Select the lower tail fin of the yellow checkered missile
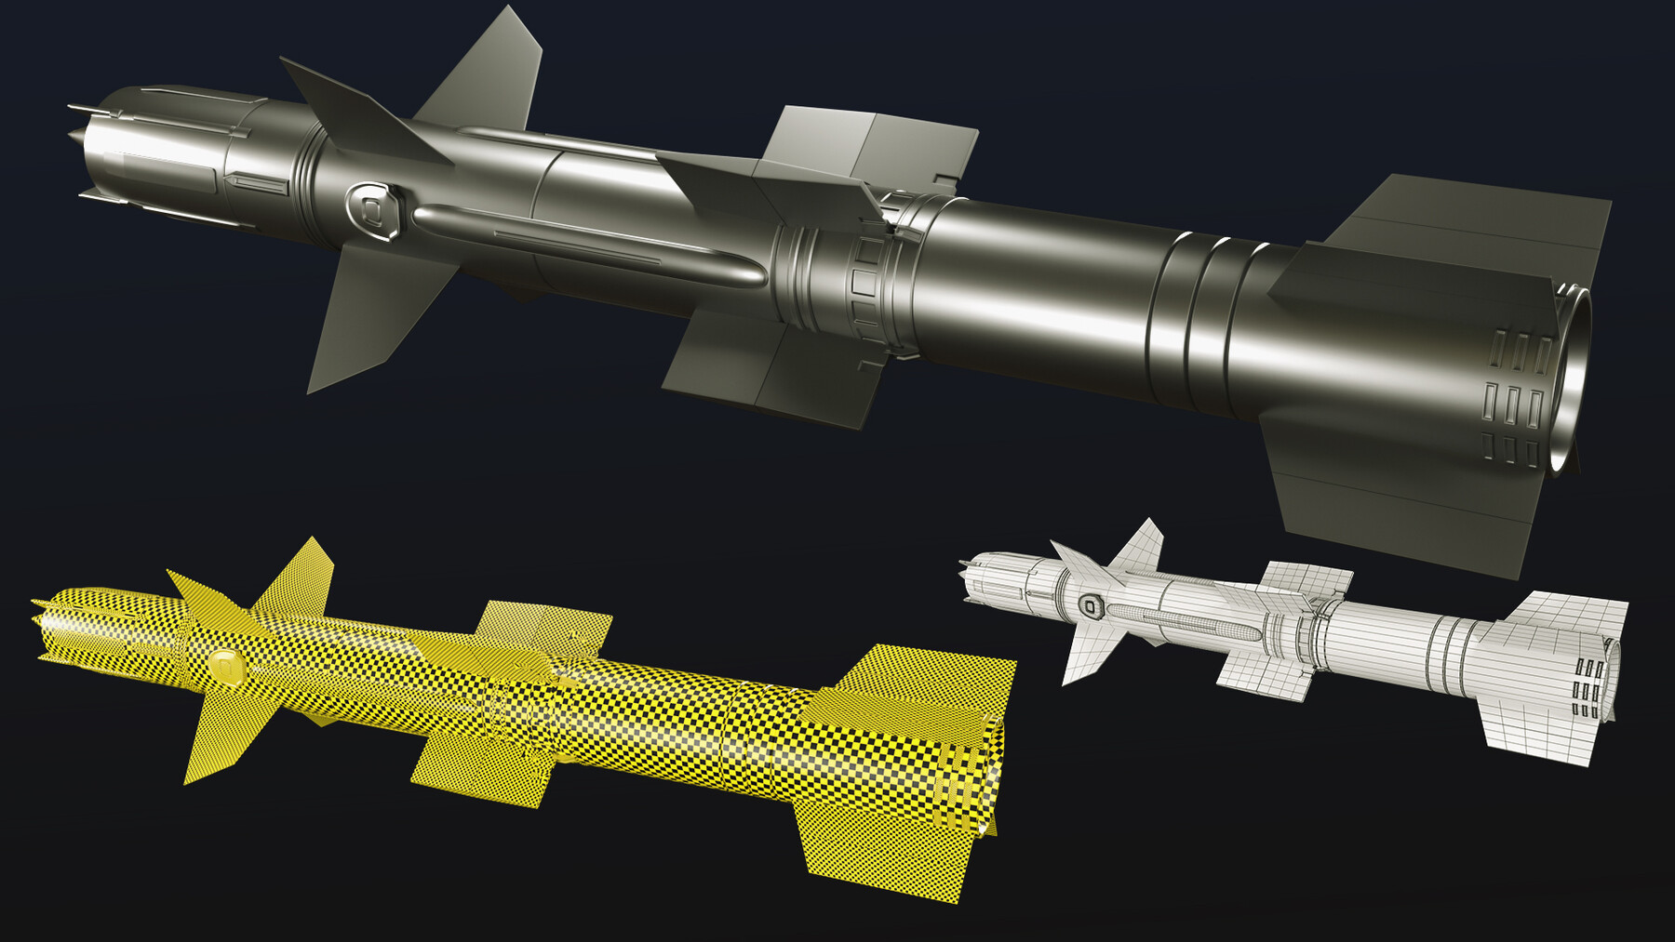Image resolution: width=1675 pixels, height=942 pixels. [884, 837]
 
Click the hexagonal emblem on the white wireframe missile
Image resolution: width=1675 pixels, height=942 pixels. [1088, 607]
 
